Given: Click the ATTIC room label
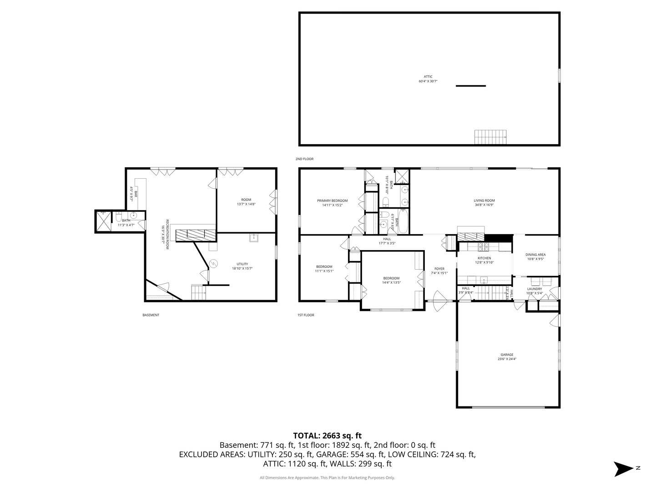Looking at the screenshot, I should pyautogui.click(x=428, y=77).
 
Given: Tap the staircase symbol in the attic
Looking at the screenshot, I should pyautogui.click(x=490, y=137).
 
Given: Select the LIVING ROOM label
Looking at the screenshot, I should pyautogui.click(x=484, y=200).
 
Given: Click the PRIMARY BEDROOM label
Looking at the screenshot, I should pyautogui.click(x=332, y=200).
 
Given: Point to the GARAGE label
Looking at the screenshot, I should pyautogui.click(x=507, y=355).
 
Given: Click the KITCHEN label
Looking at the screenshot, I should pyautogui.click(x=484, y=258).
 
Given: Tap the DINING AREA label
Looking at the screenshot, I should pyautogui.click(x=535, y=255).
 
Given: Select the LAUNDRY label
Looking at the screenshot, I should pyautogui.click(x=534, y=289).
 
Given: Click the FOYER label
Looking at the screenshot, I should pyautogui.click(x=439, y=269).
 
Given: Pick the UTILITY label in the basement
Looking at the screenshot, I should pyautogui.click(x=242, y=264).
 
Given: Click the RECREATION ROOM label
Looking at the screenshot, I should pyautogui.click(x=167, y=234).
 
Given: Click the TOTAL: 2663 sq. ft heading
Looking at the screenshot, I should pyautogui.click(x=327, y=436).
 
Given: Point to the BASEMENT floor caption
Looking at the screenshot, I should pyautogui.click(x=151, y=315).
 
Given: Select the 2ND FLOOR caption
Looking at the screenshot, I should pyautogui.click(x=304, y=159).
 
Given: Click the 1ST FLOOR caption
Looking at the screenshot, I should pyautogui.click(x=305, y=315).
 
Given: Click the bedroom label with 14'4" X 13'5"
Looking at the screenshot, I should pyautogui.click(x=391, y=278).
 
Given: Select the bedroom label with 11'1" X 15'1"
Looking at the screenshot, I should pyautogui.click(x=324, y=267).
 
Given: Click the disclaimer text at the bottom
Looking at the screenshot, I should pyautogui.click(x=327, y=478).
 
